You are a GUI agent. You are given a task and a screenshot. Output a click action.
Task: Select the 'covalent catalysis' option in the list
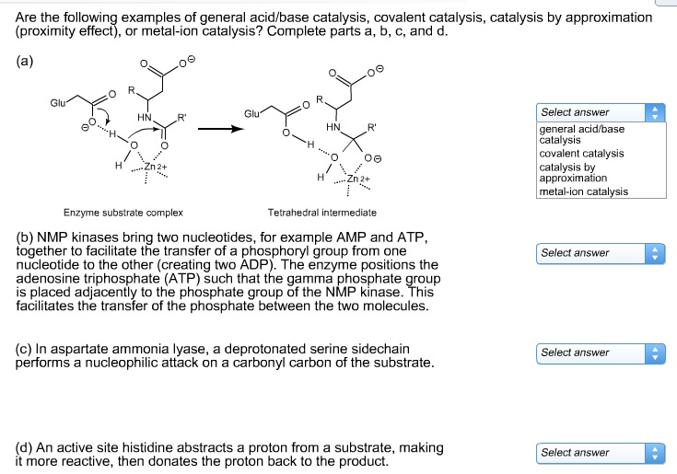coord(581,154)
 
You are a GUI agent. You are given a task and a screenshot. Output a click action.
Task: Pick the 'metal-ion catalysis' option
coord(583,191)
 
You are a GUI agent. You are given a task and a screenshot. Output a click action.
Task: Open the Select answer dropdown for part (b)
coord(600,253)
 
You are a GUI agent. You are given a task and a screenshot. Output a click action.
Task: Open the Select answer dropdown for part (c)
coord(600,353)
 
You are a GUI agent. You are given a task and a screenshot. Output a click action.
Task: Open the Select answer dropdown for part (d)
coord(600,452)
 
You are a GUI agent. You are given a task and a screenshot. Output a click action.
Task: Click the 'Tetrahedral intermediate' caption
coord(321,212)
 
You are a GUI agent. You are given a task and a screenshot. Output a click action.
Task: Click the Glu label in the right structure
coord(251,114)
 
